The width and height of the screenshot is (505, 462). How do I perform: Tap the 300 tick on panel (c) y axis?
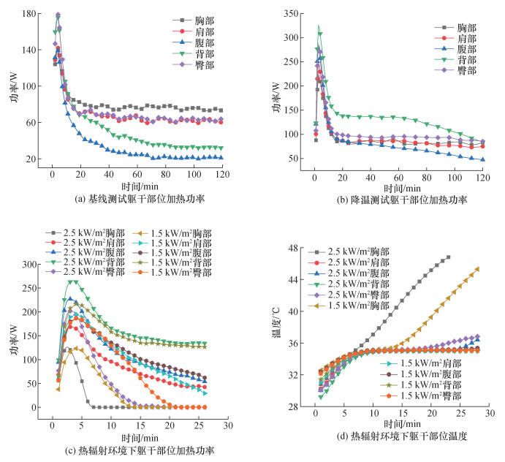[29, 264]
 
